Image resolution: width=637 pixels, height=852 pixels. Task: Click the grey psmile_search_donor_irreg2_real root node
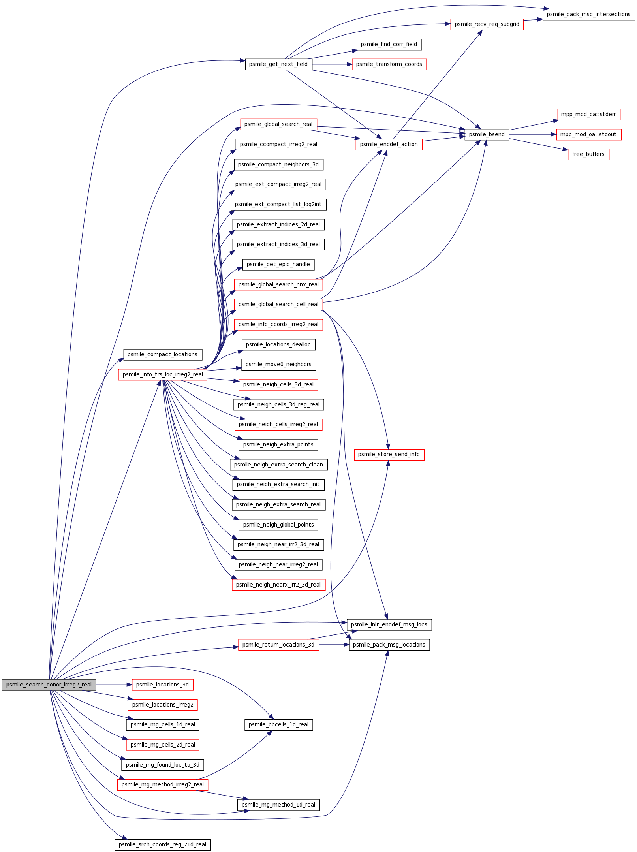pos(49,685)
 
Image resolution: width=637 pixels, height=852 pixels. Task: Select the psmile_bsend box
pos(487,134)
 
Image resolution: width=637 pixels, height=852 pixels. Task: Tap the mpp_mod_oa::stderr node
pos(588,115)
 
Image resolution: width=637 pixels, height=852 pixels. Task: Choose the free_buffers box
pos(588,154)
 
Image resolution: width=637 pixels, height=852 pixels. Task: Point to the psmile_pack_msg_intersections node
pos(589,14)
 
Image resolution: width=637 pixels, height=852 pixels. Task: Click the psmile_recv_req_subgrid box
pos(487,24)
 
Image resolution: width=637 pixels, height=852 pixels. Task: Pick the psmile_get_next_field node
pos(278,64)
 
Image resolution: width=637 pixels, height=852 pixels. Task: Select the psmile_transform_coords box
pos(389,64)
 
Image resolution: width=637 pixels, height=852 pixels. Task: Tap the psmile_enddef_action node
pos(389,145)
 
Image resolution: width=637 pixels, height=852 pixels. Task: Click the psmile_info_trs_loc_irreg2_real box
pos(163,374)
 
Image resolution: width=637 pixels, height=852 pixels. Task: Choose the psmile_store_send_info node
pos(389,455)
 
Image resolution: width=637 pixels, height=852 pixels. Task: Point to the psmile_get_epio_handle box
pos(278,265)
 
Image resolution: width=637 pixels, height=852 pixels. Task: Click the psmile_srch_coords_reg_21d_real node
pos(163,845)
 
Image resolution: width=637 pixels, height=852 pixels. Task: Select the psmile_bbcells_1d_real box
pos(278,725)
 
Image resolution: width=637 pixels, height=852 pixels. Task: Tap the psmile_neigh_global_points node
pos(278,525)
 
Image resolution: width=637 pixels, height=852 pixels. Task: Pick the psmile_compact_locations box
pos(163,355)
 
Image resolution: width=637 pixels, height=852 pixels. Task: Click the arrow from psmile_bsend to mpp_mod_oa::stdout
pos(533,135)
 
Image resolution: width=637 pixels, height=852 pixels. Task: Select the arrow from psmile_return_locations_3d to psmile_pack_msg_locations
pos(334,645)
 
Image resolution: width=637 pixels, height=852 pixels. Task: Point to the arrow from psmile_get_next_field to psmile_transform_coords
pos(332,64)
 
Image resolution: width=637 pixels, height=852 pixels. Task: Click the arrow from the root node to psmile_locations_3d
pos(114,685)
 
